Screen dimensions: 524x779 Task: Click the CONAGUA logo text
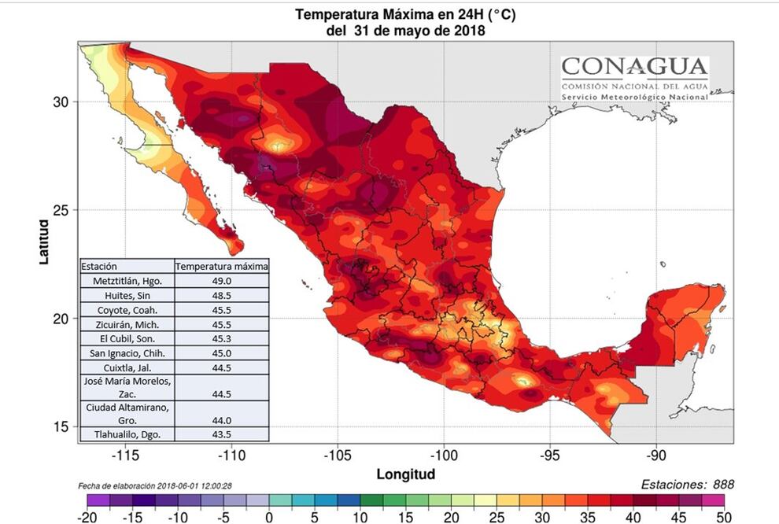click(x=634, y=66)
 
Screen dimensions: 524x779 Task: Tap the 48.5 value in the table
click(x=222, y=295)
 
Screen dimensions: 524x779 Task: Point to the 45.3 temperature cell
click(x=222, y=338)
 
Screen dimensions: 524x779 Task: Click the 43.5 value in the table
click(x=222, y=434)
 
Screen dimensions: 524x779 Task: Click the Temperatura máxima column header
click(x=222, y=266)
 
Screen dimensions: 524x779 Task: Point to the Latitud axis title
click(x=45, y=242)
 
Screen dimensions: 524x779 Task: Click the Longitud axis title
click(x=406, y=474)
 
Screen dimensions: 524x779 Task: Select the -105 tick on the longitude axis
click(x=337, y=456)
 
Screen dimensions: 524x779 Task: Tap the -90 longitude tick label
click(x=657, y=456)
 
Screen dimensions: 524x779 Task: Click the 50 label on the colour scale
click(x=723, y=516)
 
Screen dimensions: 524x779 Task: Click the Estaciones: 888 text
click(x=687, y=485)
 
